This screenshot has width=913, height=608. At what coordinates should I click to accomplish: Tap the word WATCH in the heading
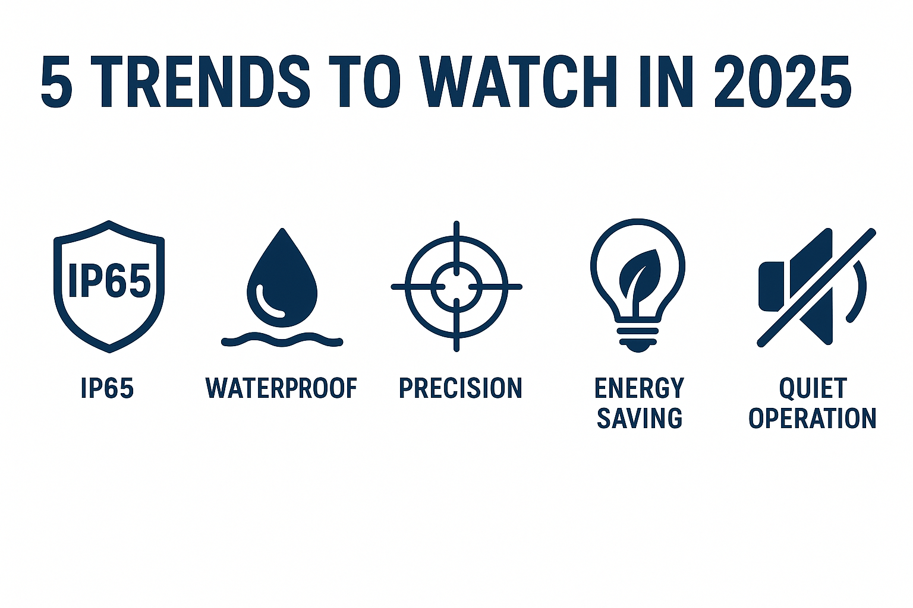coord(518,81)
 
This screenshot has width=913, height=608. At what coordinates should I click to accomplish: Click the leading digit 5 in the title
coord(56,81)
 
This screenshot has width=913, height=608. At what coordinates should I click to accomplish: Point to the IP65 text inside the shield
coord(109,280)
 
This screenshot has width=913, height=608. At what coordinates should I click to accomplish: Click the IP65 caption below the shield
coord(107,388)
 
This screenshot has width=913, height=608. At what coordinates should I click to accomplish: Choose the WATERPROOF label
coord(281,388)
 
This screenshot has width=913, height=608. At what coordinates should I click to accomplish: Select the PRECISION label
coord(461,388)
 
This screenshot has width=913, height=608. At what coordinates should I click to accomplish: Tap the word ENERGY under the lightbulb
coord(639,388)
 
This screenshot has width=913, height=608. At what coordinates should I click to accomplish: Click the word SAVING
coord(640,418)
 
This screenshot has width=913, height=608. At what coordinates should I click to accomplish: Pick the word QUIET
coord(813,388)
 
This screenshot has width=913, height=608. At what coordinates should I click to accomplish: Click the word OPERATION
coord(813,418)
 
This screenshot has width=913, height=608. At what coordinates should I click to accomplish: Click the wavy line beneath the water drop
coord(282,340)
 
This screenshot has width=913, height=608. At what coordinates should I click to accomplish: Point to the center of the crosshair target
coord(456,287)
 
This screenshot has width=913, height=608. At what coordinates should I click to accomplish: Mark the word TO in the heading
coord(365,81)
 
